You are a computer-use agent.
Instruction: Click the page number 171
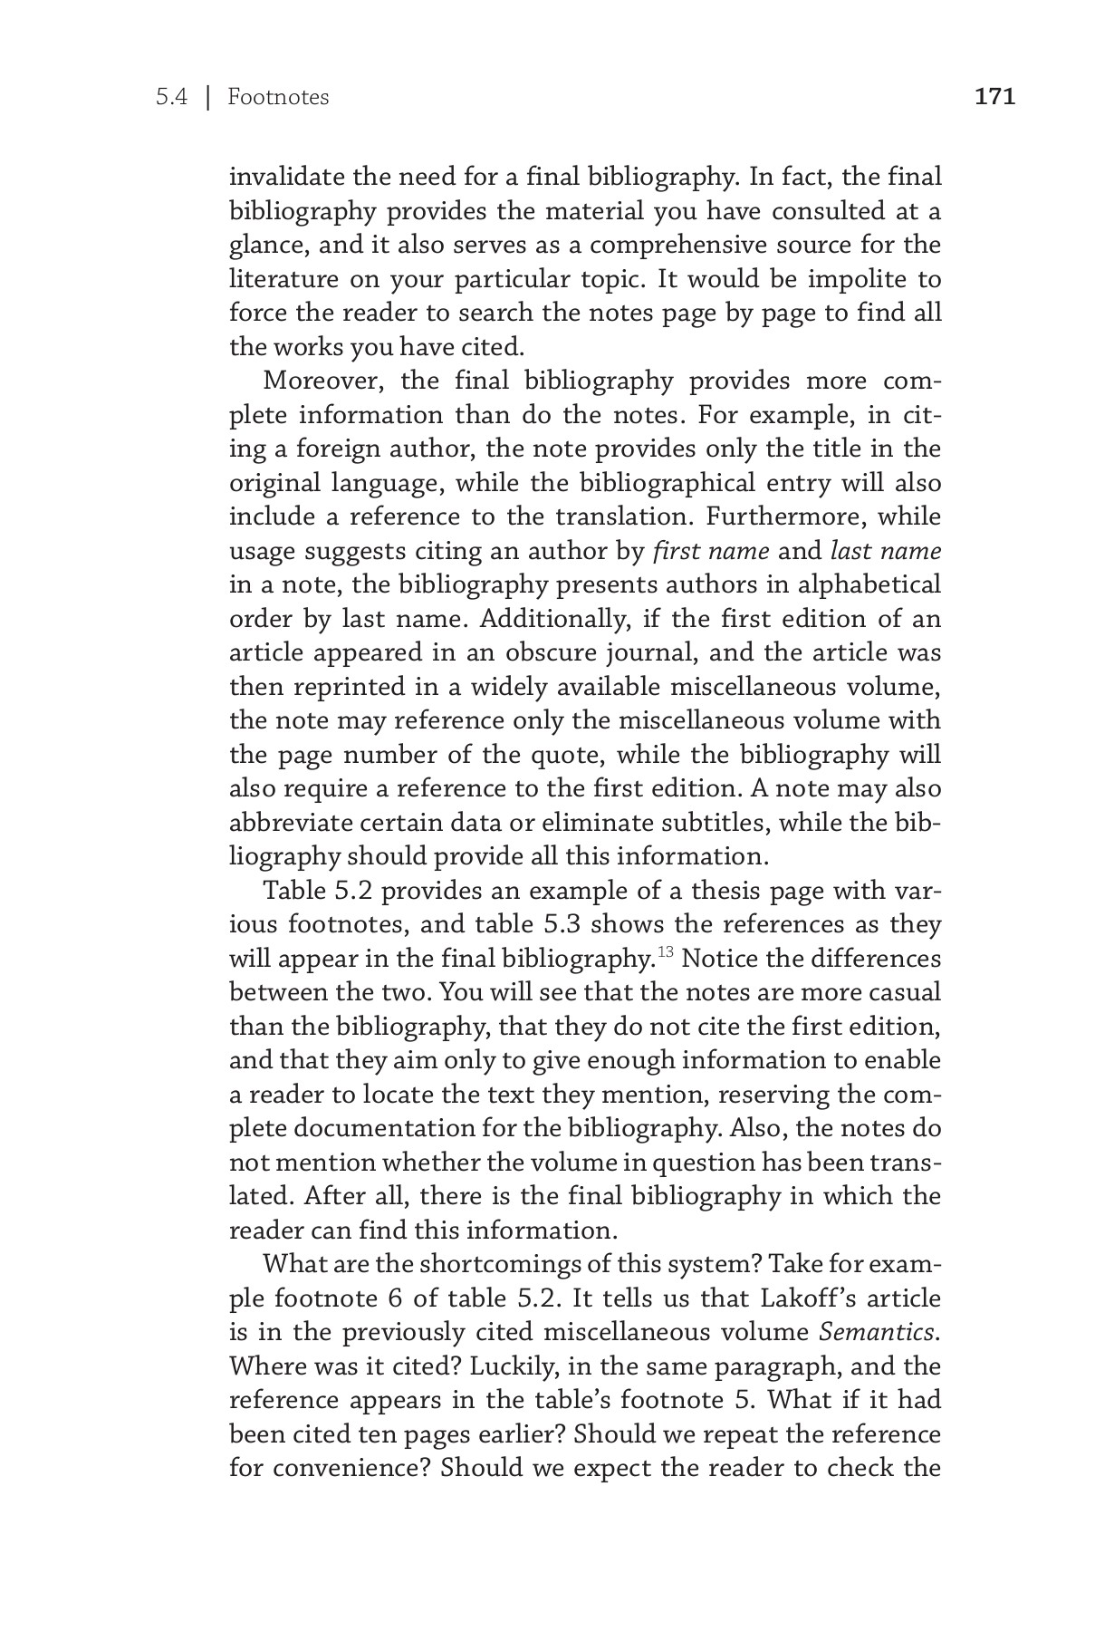[994, 97]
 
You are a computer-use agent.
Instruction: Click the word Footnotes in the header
[278, 97]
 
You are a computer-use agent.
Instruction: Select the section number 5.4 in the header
[170, 97]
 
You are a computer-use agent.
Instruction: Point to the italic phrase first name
[711, 551]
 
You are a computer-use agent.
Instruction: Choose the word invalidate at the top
[284, 177]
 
